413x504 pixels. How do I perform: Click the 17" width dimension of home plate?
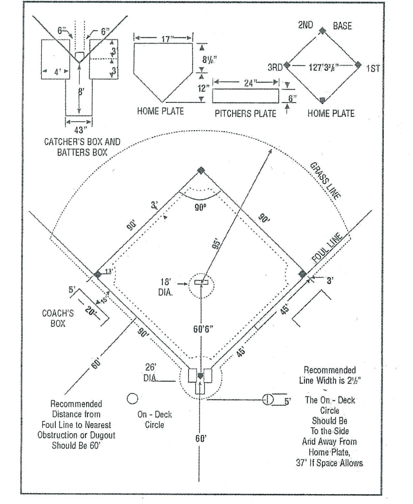click(x=166, y=39)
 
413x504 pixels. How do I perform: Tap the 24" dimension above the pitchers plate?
click(x=249, y=83)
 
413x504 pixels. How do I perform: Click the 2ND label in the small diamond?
click(x=305, y=25)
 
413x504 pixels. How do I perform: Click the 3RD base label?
click(x=275, y=68)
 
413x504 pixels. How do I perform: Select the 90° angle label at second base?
click(x=200, y=207)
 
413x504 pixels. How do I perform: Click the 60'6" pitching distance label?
click(x=203, y=329)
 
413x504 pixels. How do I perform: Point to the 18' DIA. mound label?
click(x=166, y=287)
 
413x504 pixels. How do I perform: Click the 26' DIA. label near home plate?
click(x=151, y=373)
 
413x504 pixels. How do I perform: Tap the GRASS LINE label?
click(x=325, y=180)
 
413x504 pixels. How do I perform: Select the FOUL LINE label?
click(x=327, y=248)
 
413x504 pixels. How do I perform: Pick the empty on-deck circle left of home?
click(x=132, y=398)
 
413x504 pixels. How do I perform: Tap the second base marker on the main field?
click(x=201, y=170)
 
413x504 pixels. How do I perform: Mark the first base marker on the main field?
click(x=302, y=274)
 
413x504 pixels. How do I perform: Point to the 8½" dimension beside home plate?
click(x=209, y=59)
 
